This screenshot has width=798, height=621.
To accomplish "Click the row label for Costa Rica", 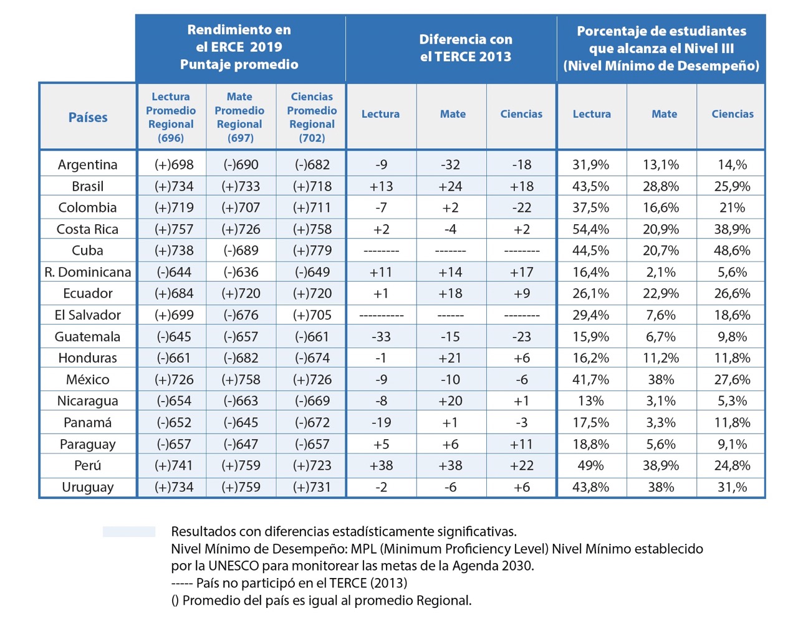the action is (x=87, y=229).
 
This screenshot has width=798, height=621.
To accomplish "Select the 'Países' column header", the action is (x=88, y=117).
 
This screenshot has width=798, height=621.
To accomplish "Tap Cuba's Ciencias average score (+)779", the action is (x=312, y=250).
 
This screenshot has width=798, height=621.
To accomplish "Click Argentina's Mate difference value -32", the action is (x=451, y=164).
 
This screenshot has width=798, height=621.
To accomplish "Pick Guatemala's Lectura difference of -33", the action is (x=381, y=336).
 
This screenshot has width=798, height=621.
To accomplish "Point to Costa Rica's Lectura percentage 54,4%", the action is (x=590, y=229).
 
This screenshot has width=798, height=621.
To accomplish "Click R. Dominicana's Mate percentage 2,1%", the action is (x=661, y=272).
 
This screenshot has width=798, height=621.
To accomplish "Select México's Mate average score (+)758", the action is (x=241, y=379).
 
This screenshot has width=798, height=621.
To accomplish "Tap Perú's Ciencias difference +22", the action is (x=521, y=465).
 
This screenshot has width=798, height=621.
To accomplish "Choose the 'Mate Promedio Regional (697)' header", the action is (x=239, y=117).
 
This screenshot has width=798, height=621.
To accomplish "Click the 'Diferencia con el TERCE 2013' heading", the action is (x=465, y=48).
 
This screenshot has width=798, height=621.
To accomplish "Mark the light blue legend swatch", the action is (x=129, y=531).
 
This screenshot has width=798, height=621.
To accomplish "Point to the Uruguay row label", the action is (x=87, y=487).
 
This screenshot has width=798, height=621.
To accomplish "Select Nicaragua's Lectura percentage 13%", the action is (x=590, y=401).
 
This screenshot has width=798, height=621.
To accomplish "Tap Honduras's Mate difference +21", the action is (x=451, y=358).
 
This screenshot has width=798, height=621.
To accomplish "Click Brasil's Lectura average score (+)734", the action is (x=174, y=186).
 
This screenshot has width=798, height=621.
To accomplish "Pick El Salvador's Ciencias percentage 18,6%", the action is (x=732, y=315).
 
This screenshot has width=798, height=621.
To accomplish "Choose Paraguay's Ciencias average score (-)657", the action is (x=312, y=444).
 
